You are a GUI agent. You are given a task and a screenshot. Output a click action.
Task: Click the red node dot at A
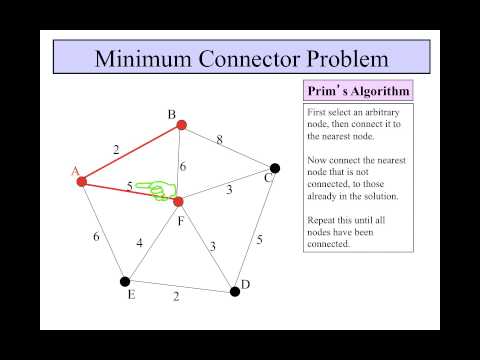tap(82, 181)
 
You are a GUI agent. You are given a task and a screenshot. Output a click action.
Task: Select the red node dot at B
tap(180, 126)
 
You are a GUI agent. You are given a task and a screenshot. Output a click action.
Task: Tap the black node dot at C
tap(274, 168)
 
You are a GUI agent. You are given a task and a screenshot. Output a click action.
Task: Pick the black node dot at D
tap(235, 291)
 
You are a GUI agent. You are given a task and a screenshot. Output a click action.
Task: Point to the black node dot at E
tap(125, 281)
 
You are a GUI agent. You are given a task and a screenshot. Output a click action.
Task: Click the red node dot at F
tap(177, 201)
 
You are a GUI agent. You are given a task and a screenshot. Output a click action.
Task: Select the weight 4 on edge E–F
tap(141, 242)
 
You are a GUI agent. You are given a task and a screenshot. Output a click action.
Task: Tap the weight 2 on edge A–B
tap(116, 149)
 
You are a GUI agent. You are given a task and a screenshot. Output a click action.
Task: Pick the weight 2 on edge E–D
tap(176, 296)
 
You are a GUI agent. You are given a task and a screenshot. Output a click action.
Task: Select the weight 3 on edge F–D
tap(211, 245)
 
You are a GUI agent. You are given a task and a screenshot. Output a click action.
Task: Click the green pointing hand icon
tap(152, 188)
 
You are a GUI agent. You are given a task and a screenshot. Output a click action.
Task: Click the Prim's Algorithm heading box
tap(358, 91)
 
